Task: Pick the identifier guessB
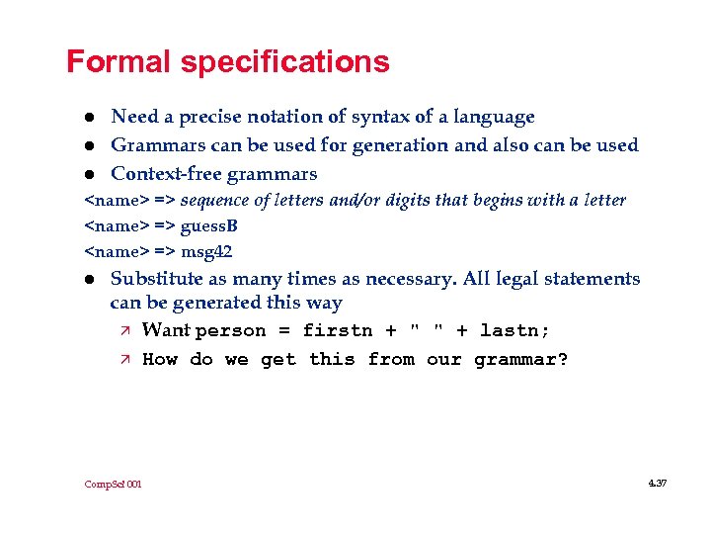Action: (x=208, y=226)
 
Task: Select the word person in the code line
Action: (x=231, y=331)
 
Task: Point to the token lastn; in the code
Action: (x=514, y=331)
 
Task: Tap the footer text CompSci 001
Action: (x=113, y=484)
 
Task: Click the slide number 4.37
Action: (x=658, y=483)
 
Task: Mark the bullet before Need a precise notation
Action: (x=89, y=118)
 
